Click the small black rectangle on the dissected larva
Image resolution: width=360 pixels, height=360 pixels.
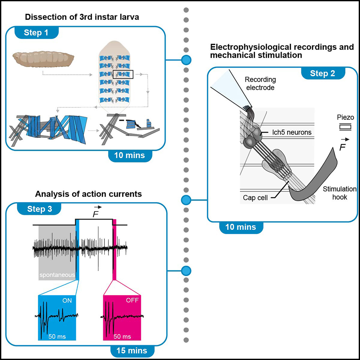pyautogui.click(x=123, y=74)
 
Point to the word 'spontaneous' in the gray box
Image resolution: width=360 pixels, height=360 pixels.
pyautogui.click(x=57, y=275)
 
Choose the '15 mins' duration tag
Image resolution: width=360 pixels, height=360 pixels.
pyautogui.click(x=132, y=350)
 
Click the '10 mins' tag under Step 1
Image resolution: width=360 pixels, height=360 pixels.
pyautogui.click(x=129, y=155)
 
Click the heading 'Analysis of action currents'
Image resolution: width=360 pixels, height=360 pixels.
pyautogui.click(x=88, y=194)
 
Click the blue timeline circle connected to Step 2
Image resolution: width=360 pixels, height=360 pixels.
pyautogui.click(x=186, y=199)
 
